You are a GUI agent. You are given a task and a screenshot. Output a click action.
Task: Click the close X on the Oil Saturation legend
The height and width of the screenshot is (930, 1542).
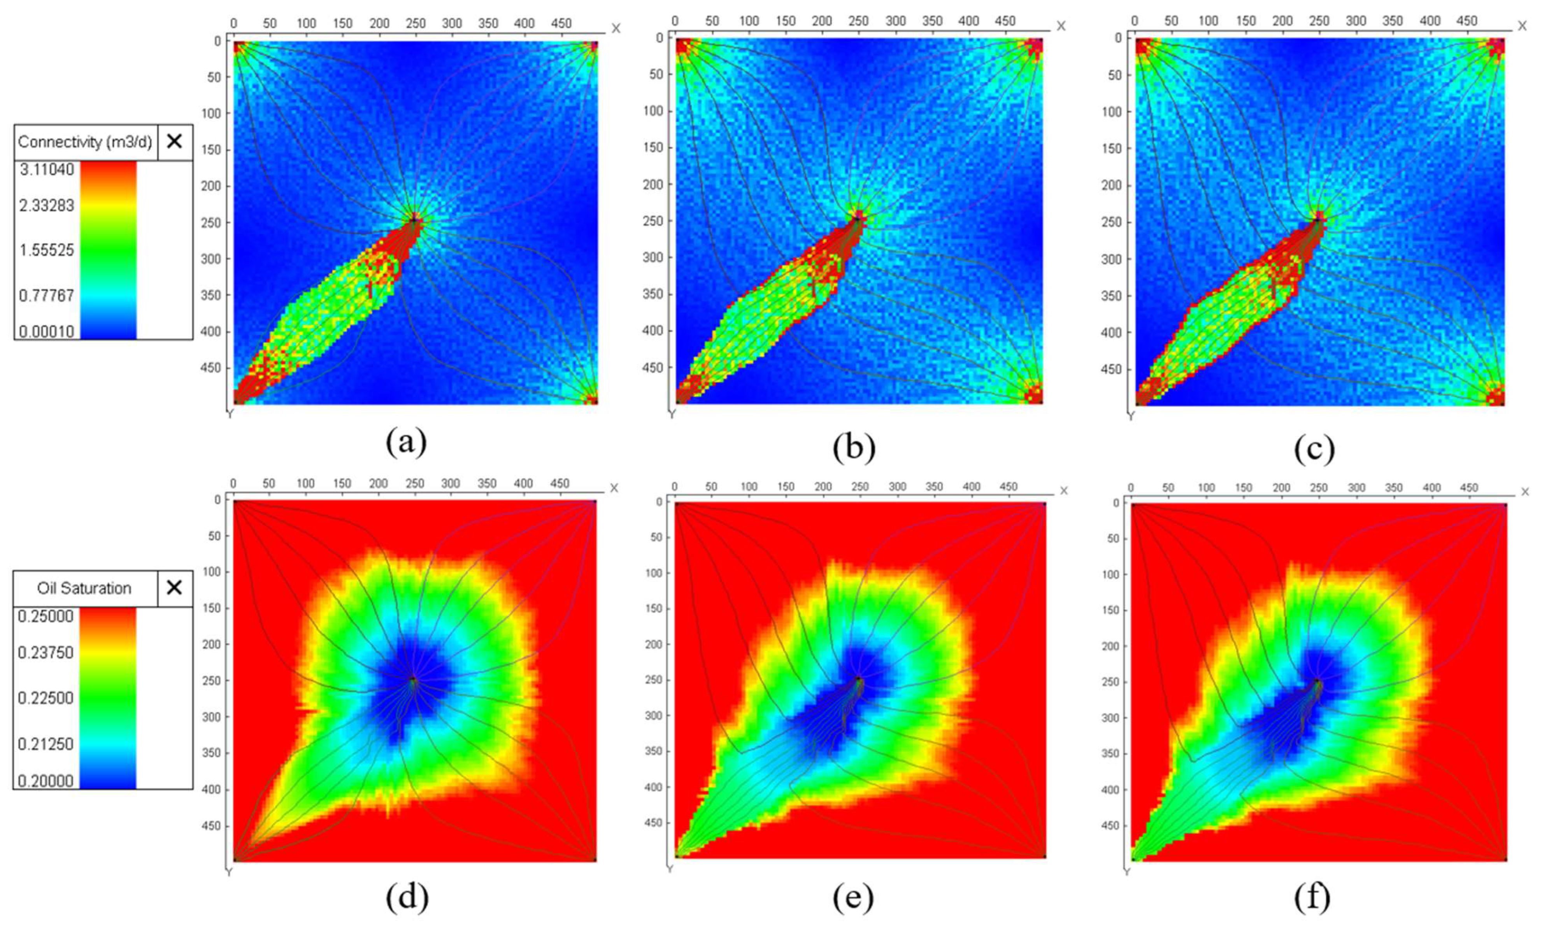coord(175,587)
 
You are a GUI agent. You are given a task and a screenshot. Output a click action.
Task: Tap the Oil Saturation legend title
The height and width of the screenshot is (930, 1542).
coord(84,588)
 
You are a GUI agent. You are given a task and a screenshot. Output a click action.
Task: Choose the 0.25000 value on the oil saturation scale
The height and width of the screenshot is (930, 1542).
coord(45,616)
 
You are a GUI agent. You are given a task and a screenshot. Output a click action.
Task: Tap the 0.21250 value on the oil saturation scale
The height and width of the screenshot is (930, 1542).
coord(45,744)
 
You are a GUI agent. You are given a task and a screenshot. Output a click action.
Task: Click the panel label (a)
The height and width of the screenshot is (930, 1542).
coord(407,443)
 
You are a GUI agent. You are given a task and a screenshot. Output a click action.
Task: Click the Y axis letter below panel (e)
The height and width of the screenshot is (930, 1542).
coord(670,869)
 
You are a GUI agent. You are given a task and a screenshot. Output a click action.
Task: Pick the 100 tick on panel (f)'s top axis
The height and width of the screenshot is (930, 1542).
coord(1206,487)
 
